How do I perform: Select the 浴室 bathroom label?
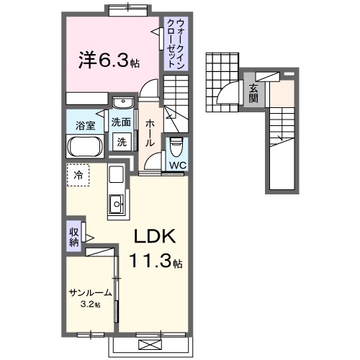[86, 126]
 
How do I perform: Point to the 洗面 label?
[121, 122]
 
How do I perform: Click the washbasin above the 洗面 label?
[122, 102]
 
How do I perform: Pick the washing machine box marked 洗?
[122, 141]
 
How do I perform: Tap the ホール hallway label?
[150, 132]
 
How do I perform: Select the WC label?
[177, 165]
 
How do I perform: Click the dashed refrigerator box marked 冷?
[79, 175]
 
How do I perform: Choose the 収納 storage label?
[73, 238]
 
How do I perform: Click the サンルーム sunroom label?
[90, 293]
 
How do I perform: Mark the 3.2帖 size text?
[91, 305]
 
